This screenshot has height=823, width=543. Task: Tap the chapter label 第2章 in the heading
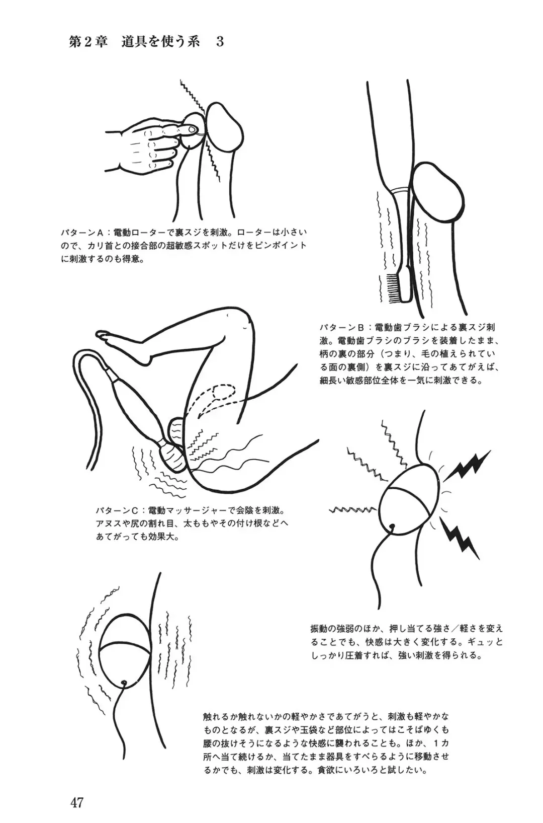88,41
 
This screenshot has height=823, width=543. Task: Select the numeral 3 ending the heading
219,41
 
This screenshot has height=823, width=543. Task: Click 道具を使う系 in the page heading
162,41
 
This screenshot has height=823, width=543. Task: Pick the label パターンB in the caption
341,328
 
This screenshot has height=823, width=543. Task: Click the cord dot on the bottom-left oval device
124,683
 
